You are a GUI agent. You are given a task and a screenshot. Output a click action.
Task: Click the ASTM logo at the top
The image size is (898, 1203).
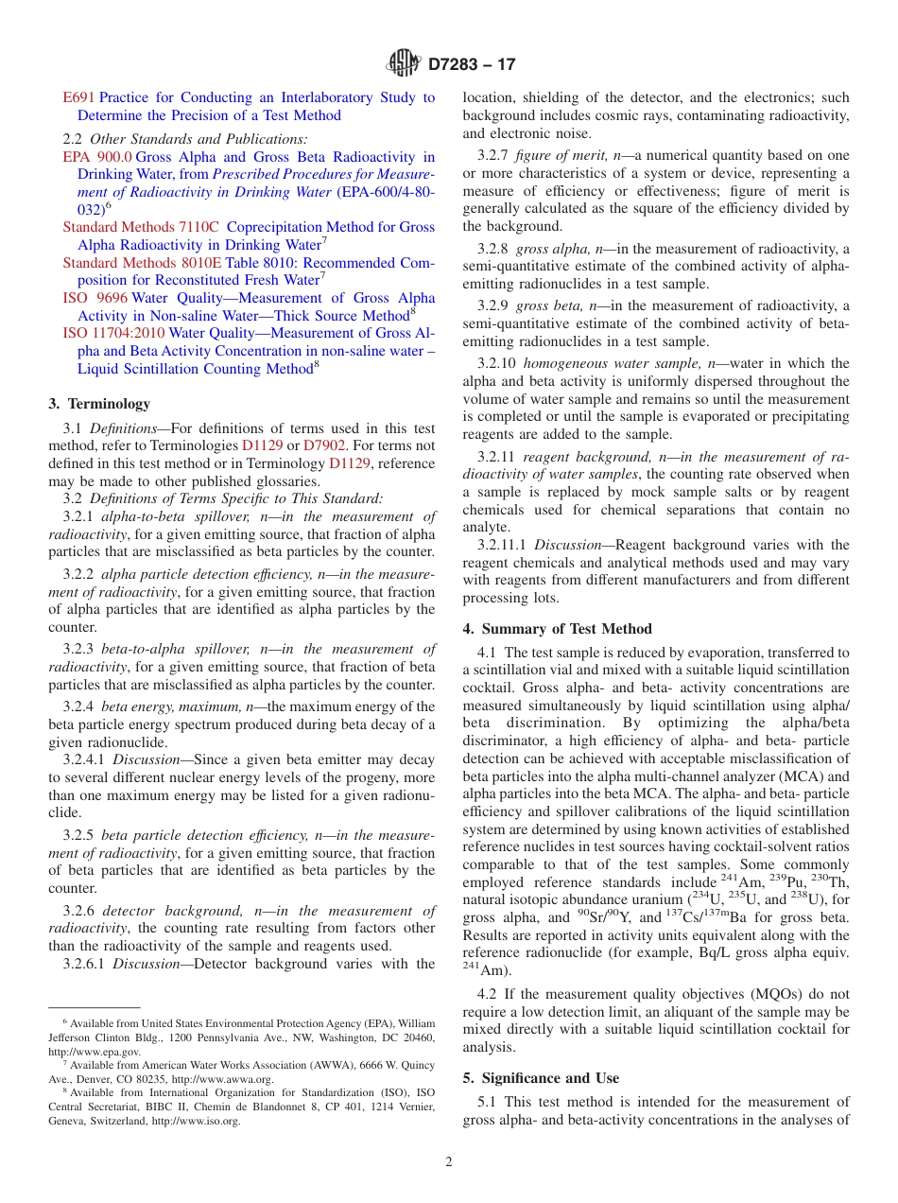(x=404, y=65)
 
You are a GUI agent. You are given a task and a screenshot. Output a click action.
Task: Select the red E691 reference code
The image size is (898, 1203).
(x=78, y=97)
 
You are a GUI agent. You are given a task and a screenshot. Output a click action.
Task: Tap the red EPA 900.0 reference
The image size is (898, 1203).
(x=97, y=157)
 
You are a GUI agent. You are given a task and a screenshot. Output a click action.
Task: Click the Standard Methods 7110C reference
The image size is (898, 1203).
(x=141, y=227)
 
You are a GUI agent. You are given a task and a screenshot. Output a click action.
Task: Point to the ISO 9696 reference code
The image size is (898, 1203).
(x=95, y=298)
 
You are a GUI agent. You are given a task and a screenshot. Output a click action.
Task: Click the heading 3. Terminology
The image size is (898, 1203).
(x=99, y=404)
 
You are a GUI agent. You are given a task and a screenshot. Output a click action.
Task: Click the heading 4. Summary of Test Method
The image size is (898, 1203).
(x=557, y=629)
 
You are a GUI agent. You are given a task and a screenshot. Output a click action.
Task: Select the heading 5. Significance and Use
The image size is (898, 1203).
(x=541, y=1078)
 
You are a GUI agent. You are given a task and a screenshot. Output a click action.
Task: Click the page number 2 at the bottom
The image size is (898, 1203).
(x=449, y=1162)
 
